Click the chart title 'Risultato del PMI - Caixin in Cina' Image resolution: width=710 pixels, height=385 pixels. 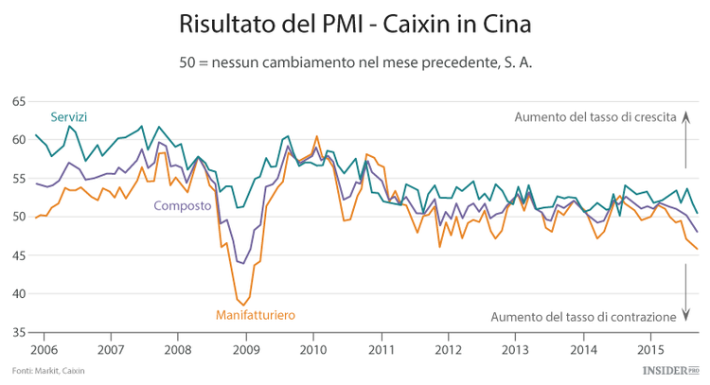(x=355, y=22)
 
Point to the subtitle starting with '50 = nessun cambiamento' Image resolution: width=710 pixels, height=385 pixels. (x=355, y=62)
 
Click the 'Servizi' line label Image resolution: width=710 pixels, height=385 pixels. (x=68, y=116)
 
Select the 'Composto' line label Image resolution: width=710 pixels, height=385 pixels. (x=182, y=205)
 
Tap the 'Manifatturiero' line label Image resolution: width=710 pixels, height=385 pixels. (x=256, y=314)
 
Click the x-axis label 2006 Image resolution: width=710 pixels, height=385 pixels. (x=44, y=348)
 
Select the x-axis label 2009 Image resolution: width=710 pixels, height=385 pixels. (x=245, y=348)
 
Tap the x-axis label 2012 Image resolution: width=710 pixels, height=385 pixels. (x=447, y=348)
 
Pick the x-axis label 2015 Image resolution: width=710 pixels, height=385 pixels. (x=649, y=348)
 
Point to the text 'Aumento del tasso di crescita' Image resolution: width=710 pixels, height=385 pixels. (x=595, y=117)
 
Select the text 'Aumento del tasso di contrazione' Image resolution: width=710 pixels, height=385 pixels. (x=587, y=315)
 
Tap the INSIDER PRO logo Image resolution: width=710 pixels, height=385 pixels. (x=668, y=370)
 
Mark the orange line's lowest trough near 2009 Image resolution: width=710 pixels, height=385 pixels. (x=244, y=306)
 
